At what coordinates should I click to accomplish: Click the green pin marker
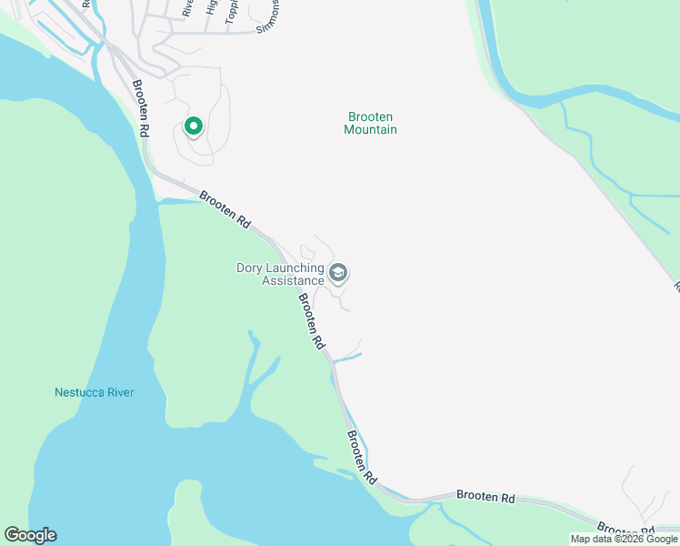click(x=193, y=127)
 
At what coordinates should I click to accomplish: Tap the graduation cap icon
click(x=338, y=273)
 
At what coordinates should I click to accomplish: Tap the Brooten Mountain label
click(x=370, y=123)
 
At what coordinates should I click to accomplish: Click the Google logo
click(x=30, y=535)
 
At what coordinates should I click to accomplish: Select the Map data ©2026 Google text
click(x=624, y=539)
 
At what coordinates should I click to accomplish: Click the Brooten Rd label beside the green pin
click(x=140, y=109)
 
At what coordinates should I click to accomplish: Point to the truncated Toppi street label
click(x=232, y=10)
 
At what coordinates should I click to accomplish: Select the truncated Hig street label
click(x=211, y=7)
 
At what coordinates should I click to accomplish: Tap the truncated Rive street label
click(x=187, y=7)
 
